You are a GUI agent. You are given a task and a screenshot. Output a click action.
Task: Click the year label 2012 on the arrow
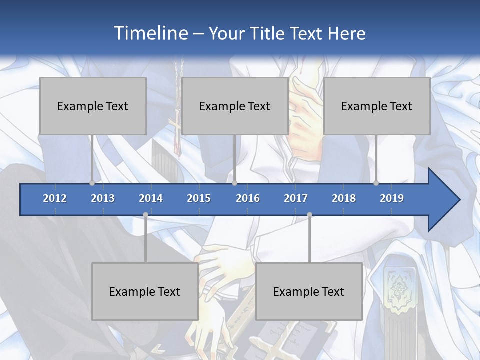point(55,198)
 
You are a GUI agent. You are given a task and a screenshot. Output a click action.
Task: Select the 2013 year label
point(103,198)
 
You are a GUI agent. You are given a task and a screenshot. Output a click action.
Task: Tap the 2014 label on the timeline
point(151,198)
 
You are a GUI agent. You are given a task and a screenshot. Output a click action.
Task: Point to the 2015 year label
point(199,198)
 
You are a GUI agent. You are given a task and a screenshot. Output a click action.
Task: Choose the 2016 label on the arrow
point(248,198)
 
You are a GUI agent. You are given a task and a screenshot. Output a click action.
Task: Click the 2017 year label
point(296,198)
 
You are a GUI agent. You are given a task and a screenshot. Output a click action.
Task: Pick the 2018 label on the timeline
point(344,198)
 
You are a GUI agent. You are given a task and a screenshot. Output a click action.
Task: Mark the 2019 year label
point(392,198)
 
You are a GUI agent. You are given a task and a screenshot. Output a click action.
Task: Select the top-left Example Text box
point(93,106)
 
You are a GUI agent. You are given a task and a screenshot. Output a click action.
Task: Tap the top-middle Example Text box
point(235,106)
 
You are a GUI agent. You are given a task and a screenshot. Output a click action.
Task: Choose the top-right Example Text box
point(377,106)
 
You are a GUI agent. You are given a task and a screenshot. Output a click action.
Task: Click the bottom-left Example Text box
point(145,291)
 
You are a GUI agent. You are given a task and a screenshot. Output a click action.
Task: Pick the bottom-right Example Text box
point(309,291)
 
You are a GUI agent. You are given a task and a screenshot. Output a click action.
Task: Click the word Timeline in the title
point(151,33)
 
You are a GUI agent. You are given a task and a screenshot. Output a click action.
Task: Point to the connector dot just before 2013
point(92,183)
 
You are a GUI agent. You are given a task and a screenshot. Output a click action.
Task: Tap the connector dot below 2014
point(145,214)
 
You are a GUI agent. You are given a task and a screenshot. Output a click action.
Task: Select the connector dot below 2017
point(309,214)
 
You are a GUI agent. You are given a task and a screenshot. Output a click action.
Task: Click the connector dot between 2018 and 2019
point(376,183)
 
